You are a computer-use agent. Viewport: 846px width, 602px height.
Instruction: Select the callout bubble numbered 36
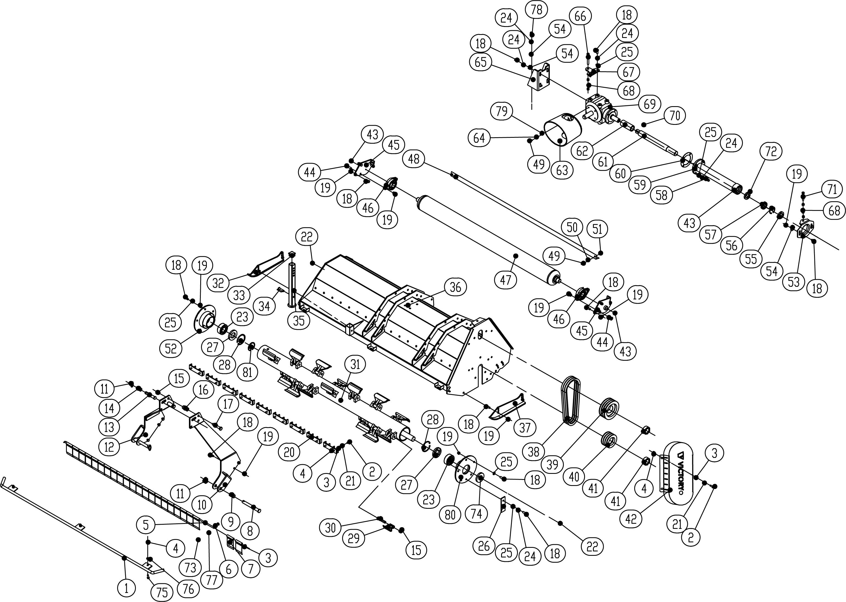click(455, 287)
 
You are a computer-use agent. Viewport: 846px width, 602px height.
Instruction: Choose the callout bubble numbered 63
click(562, 170)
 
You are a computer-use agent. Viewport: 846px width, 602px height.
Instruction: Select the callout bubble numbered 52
click(171, 348)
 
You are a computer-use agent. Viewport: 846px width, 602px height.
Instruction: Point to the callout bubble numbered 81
click(248, 372)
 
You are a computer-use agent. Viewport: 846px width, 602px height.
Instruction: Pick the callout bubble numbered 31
click(355, 364)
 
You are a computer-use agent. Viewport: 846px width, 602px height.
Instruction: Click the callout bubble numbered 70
click(675, 116)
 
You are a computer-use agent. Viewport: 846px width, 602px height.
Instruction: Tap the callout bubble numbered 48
click(414, 159)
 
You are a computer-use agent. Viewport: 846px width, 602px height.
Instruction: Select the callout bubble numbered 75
click(162, 592)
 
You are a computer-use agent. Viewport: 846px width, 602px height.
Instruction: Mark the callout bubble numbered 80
click(450, 515)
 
